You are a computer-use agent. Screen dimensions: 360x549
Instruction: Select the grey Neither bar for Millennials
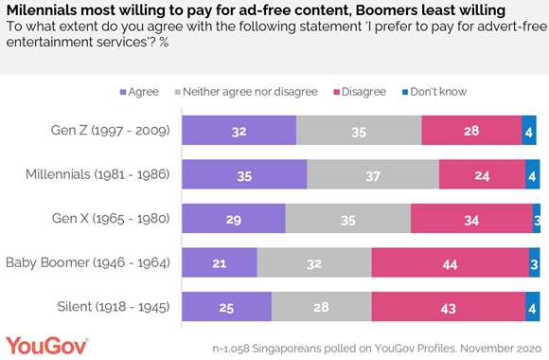[x=373, y=175]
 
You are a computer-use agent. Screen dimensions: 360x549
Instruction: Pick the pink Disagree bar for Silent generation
[x=448, y=306]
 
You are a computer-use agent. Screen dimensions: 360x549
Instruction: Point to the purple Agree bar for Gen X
[x=233, y=219]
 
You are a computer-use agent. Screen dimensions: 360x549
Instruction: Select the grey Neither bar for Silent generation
[x=321, y=306]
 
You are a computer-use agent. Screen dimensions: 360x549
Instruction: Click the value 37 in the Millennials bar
[x=373, y=175]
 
